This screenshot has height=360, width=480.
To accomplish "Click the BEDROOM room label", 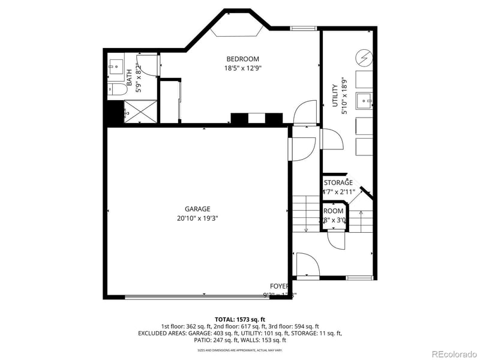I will [242, 59].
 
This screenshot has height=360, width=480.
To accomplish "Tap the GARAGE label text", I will [193, 209].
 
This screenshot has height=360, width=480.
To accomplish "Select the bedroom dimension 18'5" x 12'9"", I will [242, 68].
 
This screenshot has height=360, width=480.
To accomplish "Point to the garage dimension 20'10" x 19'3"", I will [193, 218].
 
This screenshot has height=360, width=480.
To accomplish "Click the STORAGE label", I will [338, 183].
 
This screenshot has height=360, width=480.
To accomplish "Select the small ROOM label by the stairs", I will [334, 211].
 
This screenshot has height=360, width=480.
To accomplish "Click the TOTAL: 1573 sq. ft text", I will [240, 319].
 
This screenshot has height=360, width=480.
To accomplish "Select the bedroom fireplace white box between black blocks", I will [257, 119].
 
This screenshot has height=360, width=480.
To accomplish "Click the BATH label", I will [129, 76].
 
